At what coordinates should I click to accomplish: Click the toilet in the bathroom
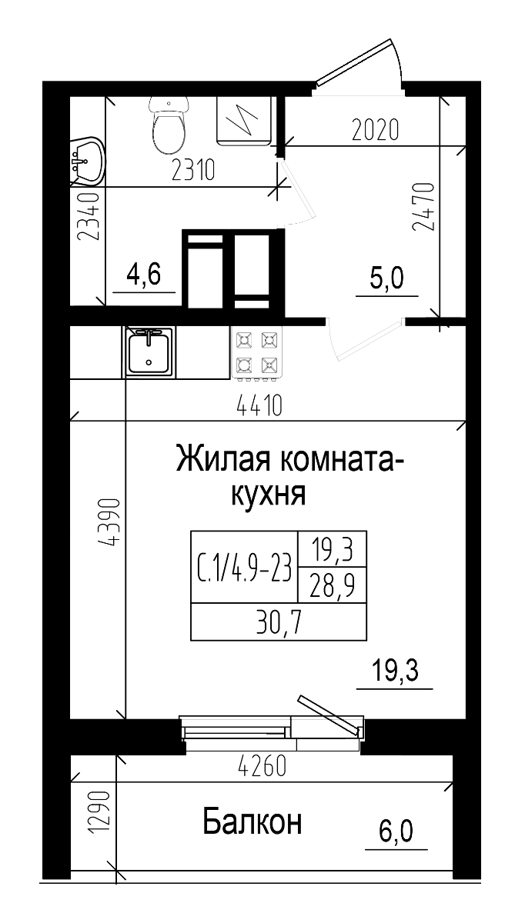coord(169,127)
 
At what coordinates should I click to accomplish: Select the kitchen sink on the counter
coord(149,352)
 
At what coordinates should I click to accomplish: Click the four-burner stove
coord(256,352)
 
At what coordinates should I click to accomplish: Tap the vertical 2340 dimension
coord(90,217)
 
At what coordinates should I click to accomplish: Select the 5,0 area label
coord(386,278)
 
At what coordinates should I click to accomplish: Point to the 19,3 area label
coord(394,671)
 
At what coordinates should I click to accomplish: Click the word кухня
coord(269,495)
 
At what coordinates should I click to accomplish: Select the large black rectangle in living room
coord(278,585)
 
